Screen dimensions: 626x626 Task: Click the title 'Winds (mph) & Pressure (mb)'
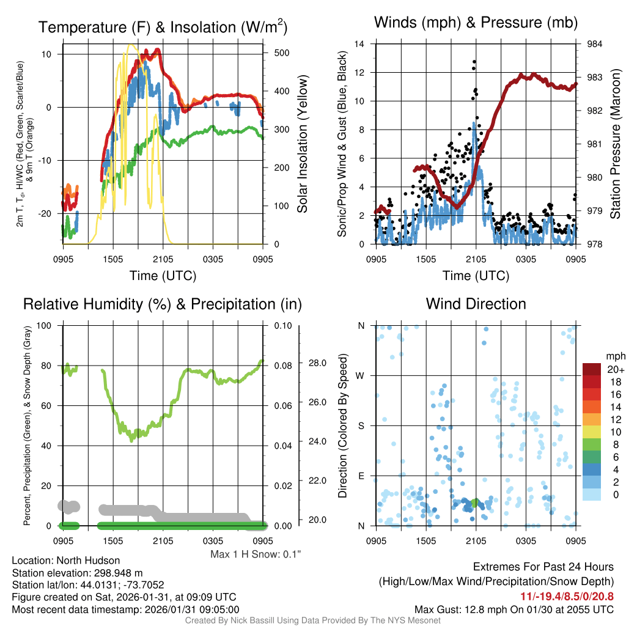click(x=476, y=23)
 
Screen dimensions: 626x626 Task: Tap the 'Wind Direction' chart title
click(x=476, y=303)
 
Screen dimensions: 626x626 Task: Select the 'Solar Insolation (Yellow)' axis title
click(x=302, y=144)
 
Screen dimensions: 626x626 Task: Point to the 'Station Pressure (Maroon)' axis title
click(x=615, y=144)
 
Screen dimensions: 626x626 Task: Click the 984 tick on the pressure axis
click(x=595, y=44)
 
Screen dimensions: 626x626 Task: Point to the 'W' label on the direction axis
click(x=361, y=375)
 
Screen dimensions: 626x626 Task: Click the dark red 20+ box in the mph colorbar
click(x=592, y=369)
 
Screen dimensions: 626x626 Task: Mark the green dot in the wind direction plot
click(x=474, y=503)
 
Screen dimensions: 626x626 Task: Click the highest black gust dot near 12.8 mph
click(x=474, y=62)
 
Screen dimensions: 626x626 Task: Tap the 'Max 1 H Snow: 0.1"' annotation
click(x=256, y=554)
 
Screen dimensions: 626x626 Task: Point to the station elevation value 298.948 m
click(x=119, y=573)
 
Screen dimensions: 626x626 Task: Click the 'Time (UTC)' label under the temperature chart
click(x=163, y=276)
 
